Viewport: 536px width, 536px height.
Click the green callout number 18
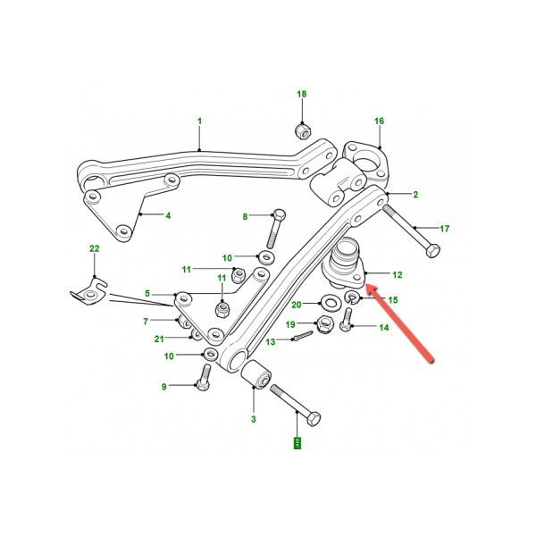[301, 94]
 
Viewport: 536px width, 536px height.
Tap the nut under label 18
[302, 131]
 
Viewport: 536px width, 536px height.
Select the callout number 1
[199, 121]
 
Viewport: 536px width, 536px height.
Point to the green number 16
[380, 121]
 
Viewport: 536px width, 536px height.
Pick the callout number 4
[168, 214]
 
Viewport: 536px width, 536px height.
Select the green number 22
[93, 249]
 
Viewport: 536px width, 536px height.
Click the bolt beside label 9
[199, 386]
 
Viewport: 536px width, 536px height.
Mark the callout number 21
[159, 338]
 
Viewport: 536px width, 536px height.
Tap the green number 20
[297, 304]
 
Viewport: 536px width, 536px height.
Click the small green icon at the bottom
[298, 442]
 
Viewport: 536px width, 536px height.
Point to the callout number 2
[414, 194]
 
